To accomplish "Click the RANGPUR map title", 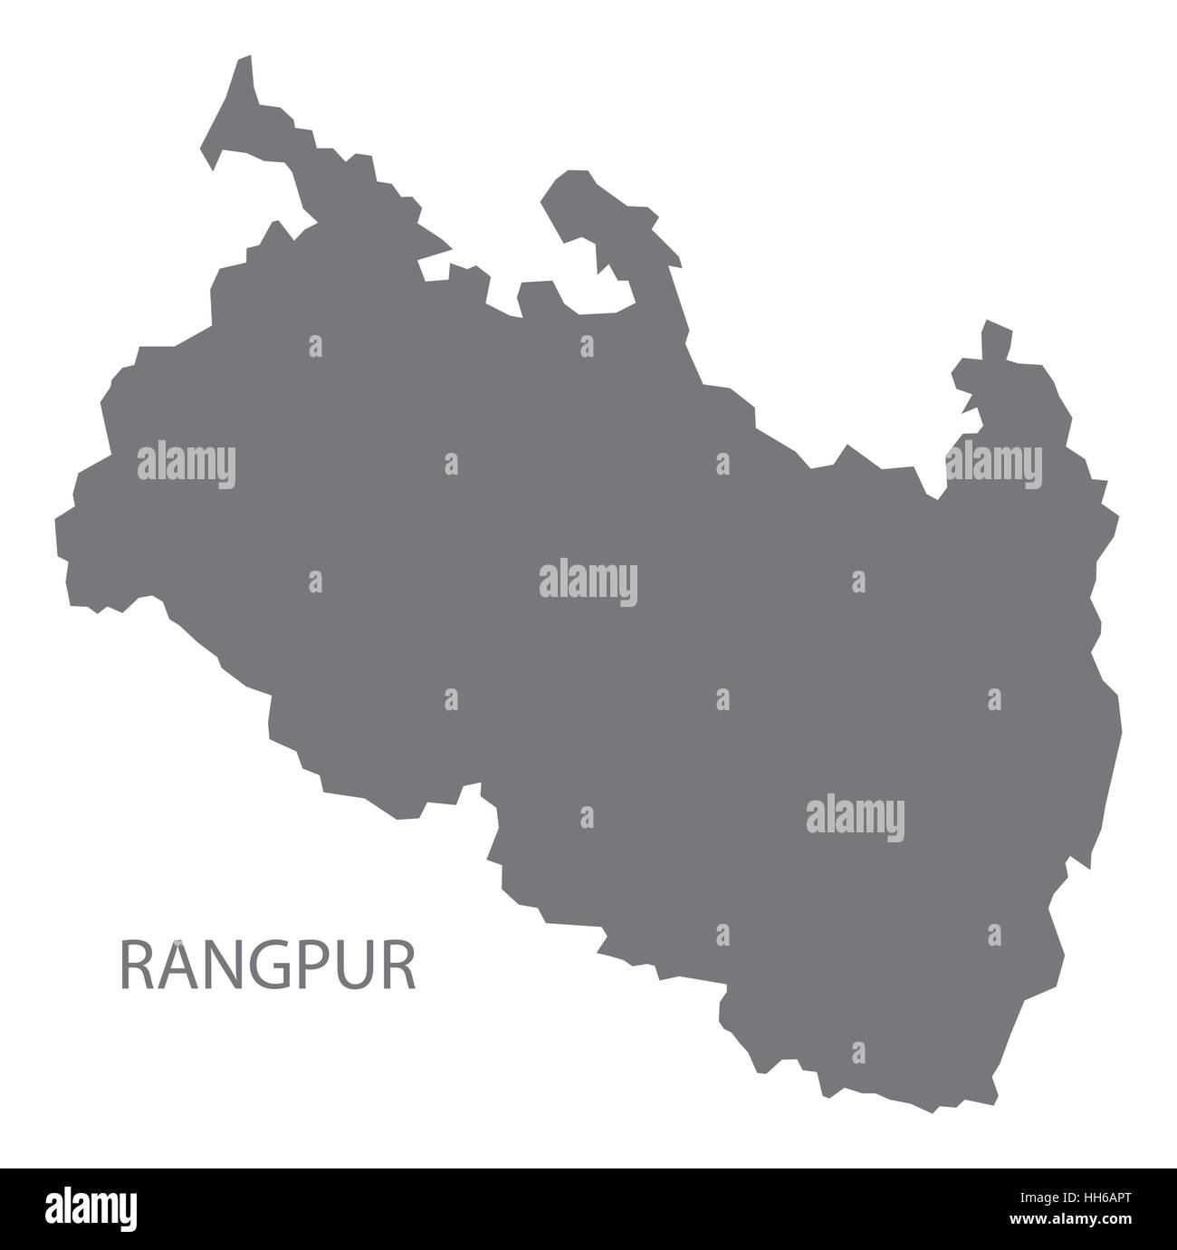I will [x=268, y=966].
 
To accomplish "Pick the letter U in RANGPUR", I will [x=355, y=966].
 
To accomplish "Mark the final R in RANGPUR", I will [x=398, y=966].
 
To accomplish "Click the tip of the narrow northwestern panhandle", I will [x=244, y=62].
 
